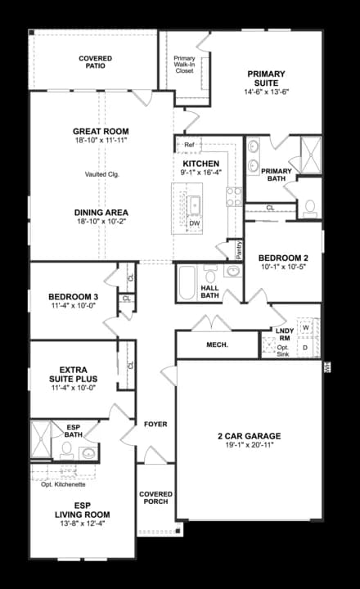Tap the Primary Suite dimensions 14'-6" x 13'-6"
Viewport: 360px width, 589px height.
click(266, 92)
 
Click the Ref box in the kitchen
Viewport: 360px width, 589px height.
click(188, 146)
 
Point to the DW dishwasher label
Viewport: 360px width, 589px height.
click(195, 223)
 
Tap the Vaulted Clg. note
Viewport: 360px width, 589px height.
click(101, 174)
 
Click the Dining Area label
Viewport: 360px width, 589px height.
click(101, 213)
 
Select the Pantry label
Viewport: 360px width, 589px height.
click(238, 250)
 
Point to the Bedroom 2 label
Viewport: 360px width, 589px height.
click(282, 258)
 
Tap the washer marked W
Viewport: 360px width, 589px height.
click(305, 327)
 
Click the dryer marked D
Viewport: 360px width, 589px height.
click(305, 348)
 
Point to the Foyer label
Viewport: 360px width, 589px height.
click(155, 425)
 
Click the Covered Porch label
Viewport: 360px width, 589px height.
click(155, 497)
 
